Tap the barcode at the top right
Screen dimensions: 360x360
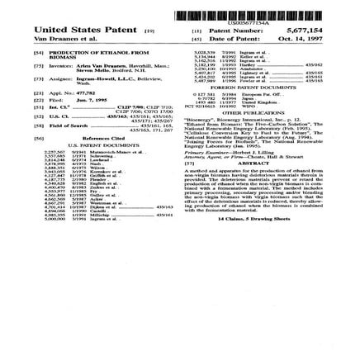pyautogui.click(x=249, y=16)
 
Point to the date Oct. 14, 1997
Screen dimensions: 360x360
pyautogui.click(x=306, y=36)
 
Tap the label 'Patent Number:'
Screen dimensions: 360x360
pyautogui.click(x=246, y=31)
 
